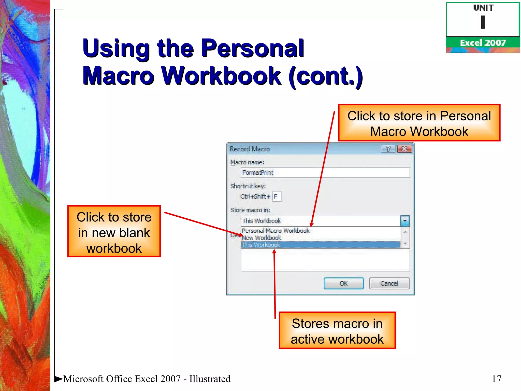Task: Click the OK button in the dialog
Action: click(343, 283)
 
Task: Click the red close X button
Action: click(404, 149)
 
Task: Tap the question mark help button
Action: click(388, 149)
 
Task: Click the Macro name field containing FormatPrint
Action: click(325, 173)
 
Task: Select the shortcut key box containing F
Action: click(277, 197)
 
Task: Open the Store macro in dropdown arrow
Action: click(405, 221)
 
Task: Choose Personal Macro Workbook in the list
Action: click(276, 231)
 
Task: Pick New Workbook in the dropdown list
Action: click(262, 238)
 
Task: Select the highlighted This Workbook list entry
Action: click(261, 245)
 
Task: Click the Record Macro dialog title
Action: click(250, 149)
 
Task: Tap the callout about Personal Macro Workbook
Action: click(419, 123)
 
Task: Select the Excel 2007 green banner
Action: click(483, 43)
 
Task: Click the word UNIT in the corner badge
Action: click(483, 8)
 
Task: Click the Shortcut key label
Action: click(248, 186)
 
